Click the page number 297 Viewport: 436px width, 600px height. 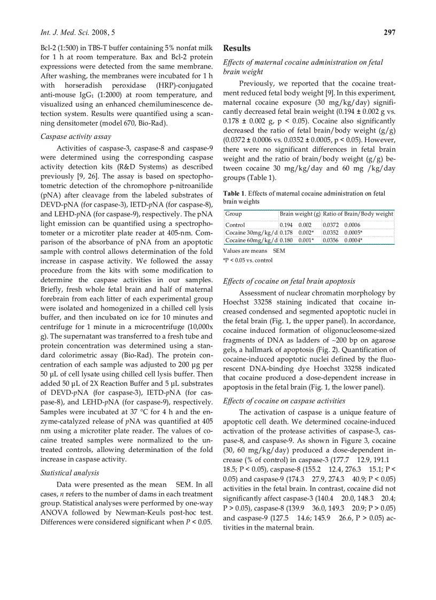[x=390, y=33]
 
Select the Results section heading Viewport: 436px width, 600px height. [x=237, y=48]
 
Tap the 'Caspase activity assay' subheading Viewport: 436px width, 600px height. [x=76, y=136]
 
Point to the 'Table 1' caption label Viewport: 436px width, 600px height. [x=234, y=193]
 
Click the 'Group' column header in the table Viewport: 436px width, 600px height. [x=233, y=214]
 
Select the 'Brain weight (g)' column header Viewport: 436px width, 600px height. [x=300, y=214]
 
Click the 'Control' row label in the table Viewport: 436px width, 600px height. [x=235, y=225]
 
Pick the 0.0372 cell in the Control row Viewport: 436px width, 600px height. [x=331, y=225]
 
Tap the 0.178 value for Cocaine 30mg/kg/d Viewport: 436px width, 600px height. [x=286, y=233]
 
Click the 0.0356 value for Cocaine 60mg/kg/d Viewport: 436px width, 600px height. [x=331, y=240]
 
